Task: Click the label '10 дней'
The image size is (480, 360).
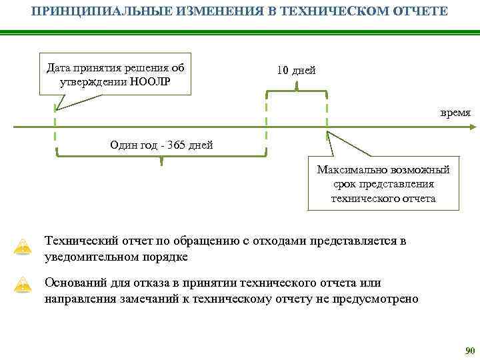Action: [296, 71]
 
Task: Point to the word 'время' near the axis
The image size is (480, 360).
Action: [455, 113]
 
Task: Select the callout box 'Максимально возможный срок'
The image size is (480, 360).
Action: [383, 184]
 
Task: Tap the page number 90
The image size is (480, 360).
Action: [469, 351]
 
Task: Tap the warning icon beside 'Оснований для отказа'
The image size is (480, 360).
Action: [24, 286]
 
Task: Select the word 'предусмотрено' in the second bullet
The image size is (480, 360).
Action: [380, 299]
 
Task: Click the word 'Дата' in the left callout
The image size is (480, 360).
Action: [58, 68]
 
